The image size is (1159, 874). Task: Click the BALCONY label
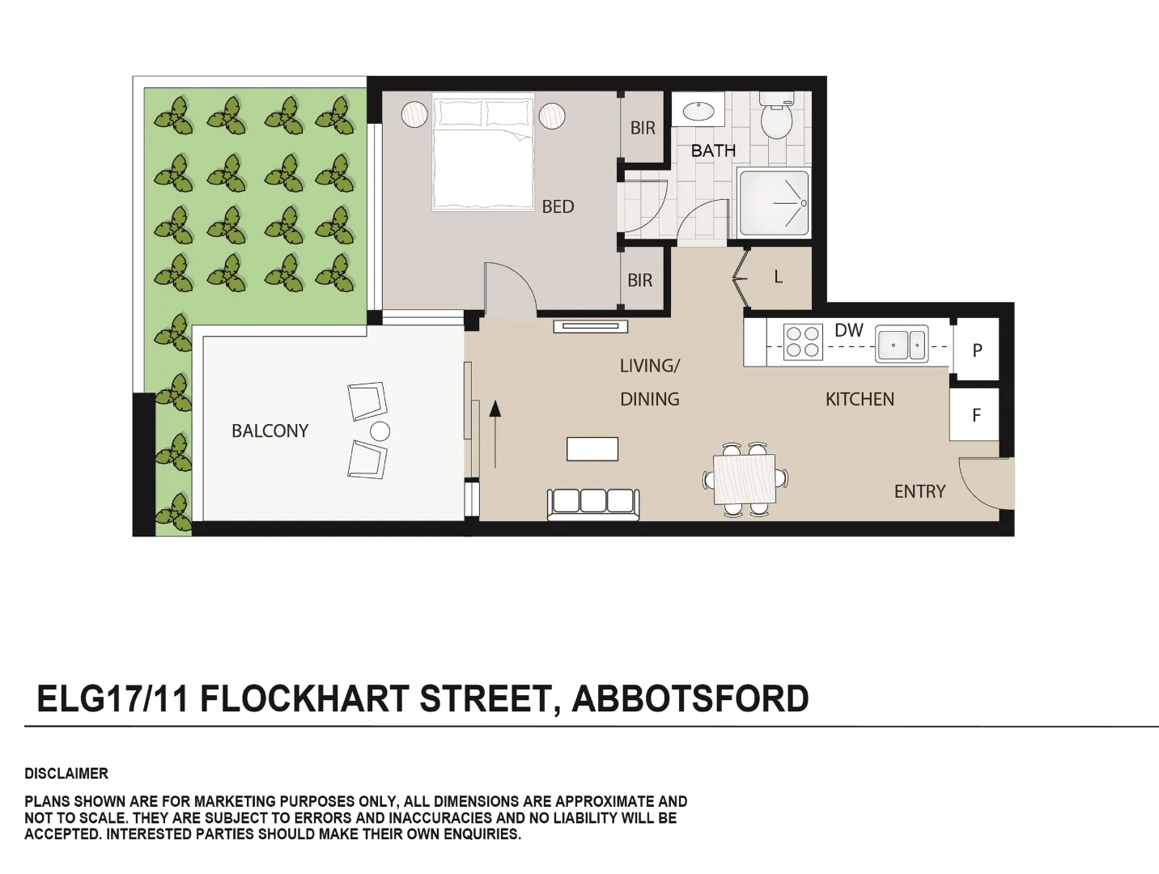click(x=270, y=431)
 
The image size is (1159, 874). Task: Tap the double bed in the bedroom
click(x=482, y=154)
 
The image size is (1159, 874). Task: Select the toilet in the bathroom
click(x=776, y=118)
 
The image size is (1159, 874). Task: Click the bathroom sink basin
click(x=698, y=109)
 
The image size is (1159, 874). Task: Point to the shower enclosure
click(x=774, y=203)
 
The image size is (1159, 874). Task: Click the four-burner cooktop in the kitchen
click(x=803, y=341)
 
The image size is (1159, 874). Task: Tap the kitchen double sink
click(x=902, y=345)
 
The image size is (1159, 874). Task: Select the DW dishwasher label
click(x=849, y=330)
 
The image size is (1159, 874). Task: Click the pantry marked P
click(x=977, y=350)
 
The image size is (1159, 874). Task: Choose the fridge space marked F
click(x=976, y=415)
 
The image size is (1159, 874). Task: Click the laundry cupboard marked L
click(x=778, y=277)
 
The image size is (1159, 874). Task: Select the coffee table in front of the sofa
click(x=592, y=448)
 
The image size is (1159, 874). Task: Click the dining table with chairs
click(x=745, y=479)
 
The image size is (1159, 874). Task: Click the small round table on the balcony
click(x=380, y=431)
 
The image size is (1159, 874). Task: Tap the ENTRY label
click(x=919, y=491)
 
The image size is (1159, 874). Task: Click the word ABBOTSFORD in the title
click(x=690, y=699)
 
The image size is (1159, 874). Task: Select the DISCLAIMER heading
click(x=66, y=774)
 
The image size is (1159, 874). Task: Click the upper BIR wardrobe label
click(x=643, y=128)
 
